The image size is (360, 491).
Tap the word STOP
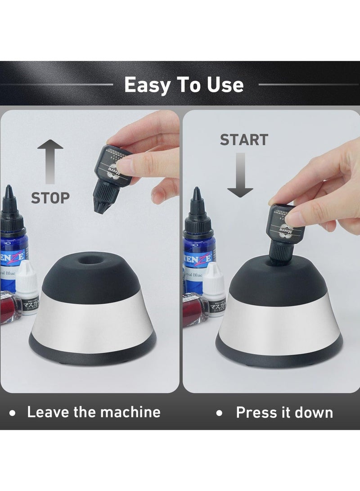pyautogui.click(x=50, y=198)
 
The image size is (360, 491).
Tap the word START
pyautogui.click(x=244, y=140)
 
